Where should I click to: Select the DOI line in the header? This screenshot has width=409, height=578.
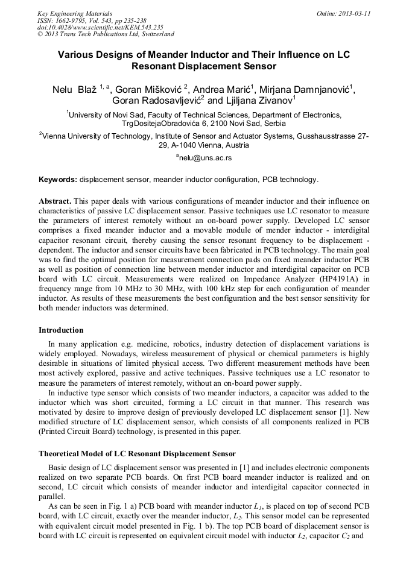[x=100, y=27]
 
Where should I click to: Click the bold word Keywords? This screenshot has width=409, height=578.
[x=57, y=180]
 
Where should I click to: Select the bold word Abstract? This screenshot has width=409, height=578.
[x=55, y=201]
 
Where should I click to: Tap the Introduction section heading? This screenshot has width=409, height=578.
[x=61, y=330]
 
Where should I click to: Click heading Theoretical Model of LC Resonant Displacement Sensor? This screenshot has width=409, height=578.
[x=137, y=453]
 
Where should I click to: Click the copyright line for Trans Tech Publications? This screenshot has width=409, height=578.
[x=106, y=34]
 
